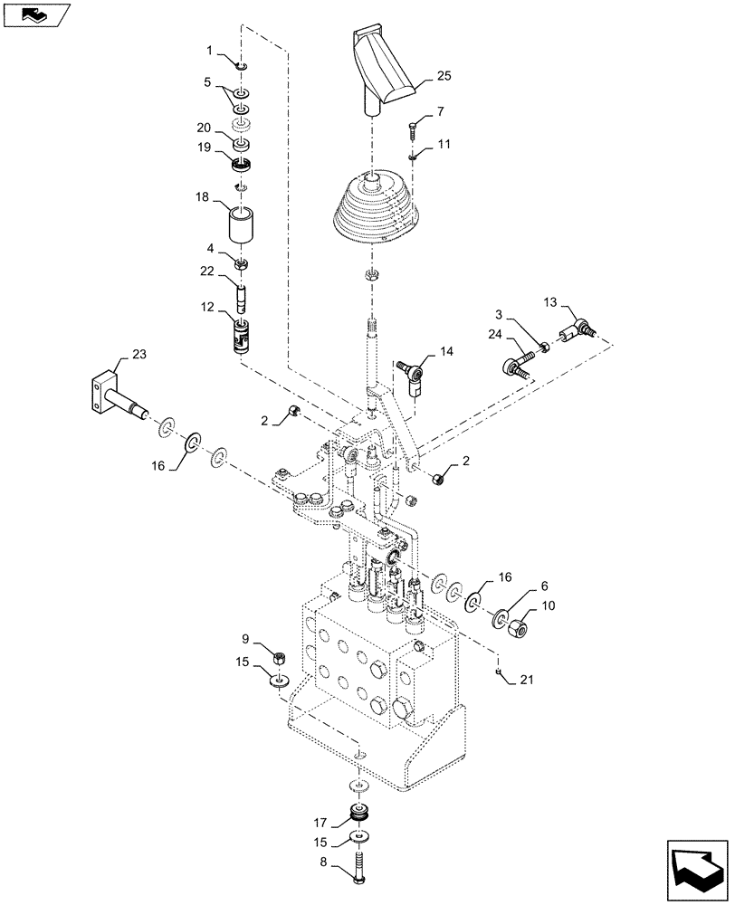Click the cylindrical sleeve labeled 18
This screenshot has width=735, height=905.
click(x=242, y=227)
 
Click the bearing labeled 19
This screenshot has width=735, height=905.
click(x=241, y=165)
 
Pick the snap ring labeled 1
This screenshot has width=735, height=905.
click(x=242, y=64)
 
